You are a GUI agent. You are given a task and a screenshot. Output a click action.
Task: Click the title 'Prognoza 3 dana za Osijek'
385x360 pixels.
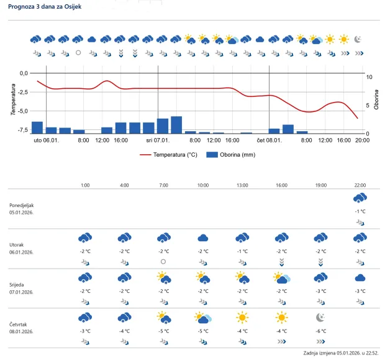[44, 7]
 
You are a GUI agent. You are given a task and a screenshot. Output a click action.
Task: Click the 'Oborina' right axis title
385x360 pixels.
[376, 100]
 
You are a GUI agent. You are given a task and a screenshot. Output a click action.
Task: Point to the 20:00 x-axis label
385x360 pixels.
[362, 141]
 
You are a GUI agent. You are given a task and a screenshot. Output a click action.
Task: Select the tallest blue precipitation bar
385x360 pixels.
[176, 125]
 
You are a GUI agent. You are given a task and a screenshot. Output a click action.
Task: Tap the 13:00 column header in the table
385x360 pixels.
[242, 185]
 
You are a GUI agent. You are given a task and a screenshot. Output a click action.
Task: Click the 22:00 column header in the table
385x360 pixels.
[360, 185]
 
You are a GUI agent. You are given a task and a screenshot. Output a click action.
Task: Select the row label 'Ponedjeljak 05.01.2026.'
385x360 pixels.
[22, 208]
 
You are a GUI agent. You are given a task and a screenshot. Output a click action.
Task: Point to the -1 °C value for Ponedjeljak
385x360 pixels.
[360, 211]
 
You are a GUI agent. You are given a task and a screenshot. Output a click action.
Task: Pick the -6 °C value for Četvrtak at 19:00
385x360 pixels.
[320, 331]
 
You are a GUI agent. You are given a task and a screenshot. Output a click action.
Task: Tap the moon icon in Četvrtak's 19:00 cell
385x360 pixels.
[320, 318]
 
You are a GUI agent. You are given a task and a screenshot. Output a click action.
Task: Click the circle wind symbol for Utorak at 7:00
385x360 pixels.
[163, 262]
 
